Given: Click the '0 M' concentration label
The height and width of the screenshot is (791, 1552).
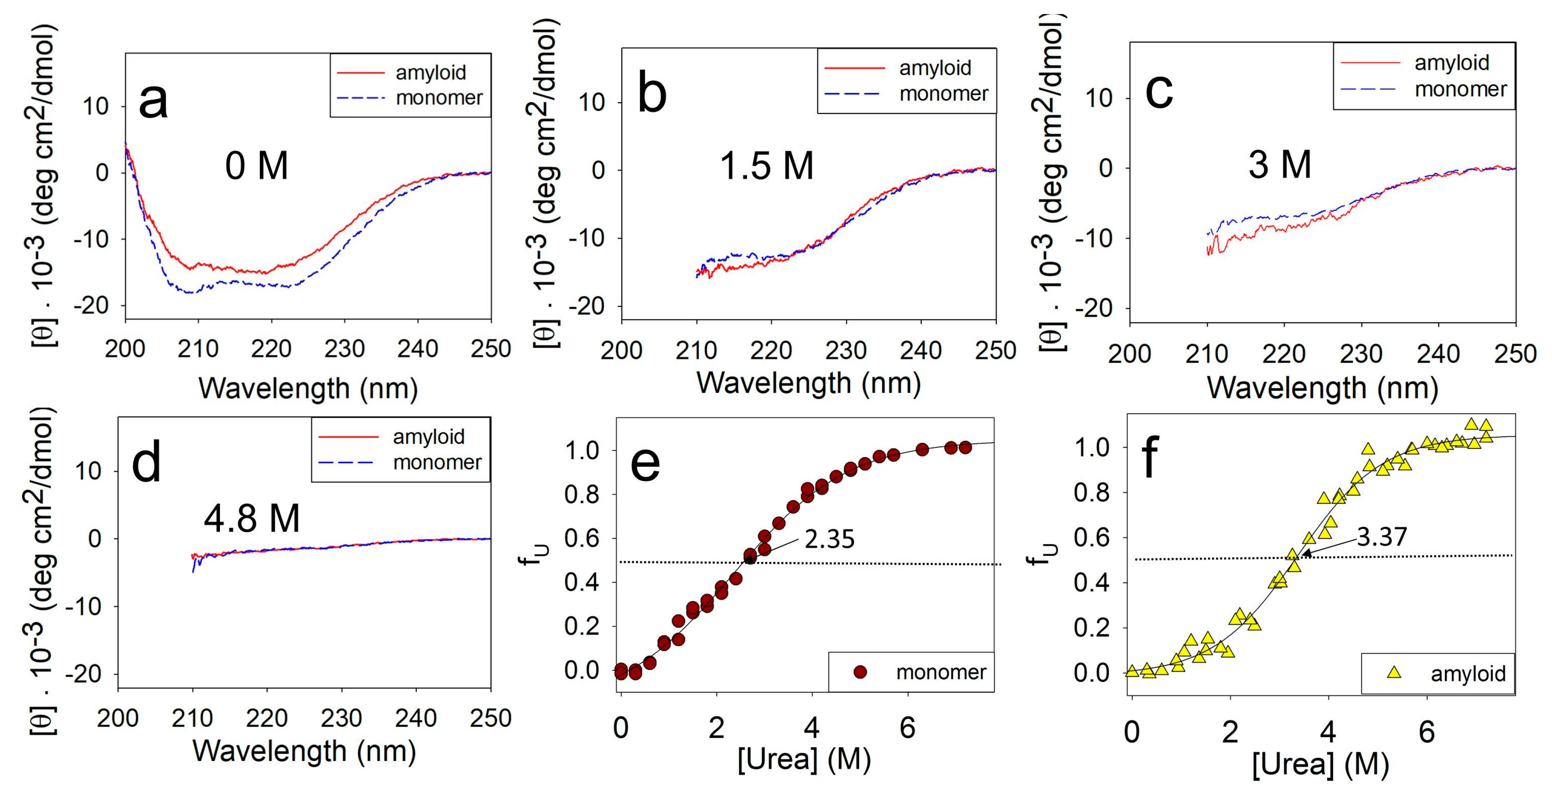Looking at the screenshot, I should (257, 166).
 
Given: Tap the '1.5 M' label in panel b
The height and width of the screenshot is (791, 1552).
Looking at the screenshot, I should (766, 166).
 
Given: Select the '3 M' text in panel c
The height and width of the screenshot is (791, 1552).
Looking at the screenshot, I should (1279, 165).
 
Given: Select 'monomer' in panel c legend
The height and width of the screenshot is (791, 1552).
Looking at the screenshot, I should (1460, 89).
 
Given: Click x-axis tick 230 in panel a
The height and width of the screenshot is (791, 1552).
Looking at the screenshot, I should (344, 349).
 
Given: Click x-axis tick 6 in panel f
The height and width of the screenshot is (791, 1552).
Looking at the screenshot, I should (1427, 732).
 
